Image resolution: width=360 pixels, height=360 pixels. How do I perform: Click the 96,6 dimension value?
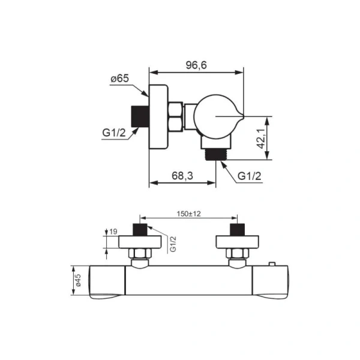(196, 64)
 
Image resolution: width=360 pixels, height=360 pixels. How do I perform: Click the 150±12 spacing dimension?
(189, 213)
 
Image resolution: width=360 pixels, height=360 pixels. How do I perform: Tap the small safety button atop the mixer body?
(272, 265)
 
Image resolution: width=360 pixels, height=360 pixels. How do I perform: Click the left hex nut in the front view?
(140, 254)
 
